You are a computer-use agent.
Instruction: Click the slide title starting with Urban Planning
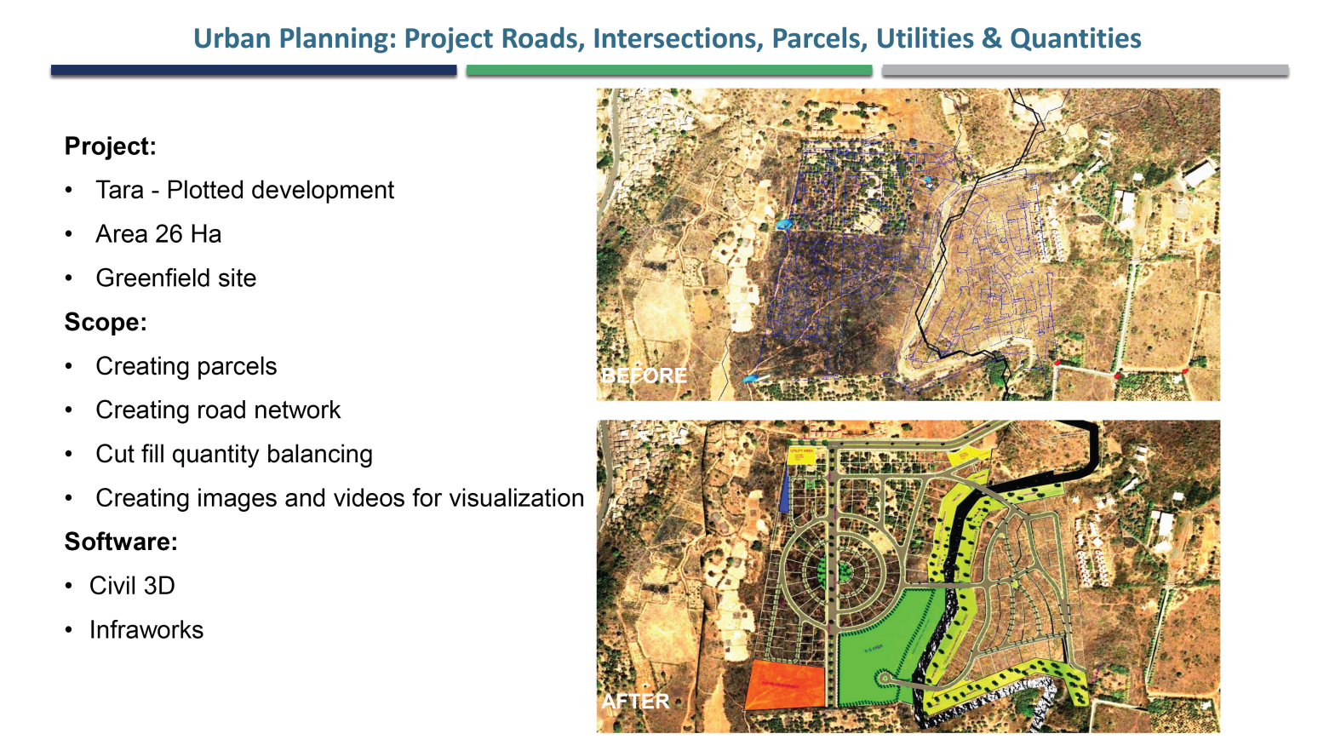point(667,38)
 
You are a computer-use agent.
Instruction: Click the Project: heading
point(111,146)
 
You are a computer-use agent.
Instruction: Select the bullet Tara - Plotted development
point(244,190)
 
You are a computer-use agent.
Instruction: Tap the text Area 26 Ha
point(158,234)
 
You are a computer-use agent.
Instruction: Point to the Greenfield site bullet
point(175,278)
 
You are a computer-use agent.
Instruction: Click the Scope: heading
point(106,323)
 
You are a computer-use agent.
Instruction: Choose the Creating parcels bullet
point(186,366)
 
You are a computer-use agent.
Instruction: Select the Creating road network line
point(218,410)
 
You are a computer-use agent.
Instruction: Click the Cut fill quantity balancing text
point(234,455)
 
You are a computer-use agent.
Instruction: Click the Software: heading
point(121,542)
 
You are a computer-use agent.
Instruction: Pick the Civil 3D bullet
point(132,586)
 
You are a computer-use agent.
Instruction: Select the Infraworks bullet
point(146,630)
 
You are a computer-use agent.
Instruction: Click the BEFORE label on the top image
point(644,375)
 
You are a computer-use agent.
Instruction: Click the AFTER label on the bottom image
point(635,702)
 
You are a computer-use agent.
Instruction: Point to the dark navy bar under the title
point(254,71)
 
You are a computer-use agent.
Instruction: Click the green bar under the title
point(669,71)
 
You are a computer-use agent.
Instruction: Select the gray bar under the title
point(1085,71)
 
